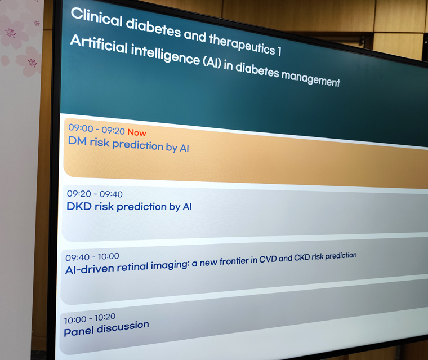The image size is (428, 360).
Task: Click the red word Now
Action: (137, 132)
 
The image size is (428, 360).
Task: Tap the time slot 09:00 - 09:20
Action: (96, 129)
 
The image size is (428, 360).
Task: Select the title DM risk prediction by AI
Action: (128, 144)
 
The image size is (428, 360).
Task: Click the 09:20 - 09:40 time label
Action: (95, 194)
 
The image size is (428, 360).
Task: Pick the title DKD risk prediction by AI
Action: (129, 207)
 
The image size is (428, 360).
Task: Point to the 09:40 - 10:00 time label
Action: (92, 257)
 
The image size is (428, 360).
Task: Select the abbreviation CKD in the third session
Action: (302, 257)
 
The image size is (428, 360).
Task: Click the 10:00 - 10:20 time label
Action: (90, 318)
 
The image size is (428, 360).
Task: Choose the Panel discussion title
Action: (106, 328)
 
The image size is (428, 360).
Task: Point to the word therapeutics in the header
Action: (242, 45)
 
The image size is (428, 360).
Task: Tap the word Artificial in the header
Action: (99, 45)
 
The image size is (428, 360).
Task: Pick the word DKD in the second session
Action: (79, 206)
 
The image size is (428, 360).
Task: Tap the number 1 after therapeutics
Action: (279, 51)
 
